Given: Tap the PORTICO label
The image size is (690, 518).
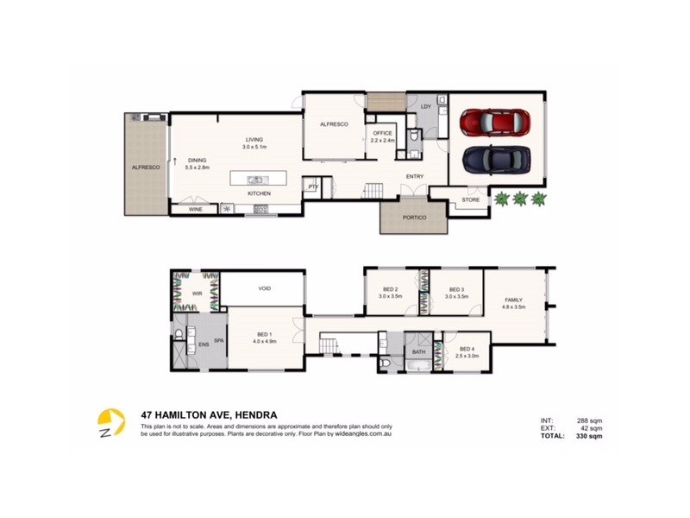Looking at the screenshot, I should click(x=415, y=218).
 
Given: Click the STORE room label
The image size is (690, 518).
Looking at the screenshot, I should click(x=470, y=200).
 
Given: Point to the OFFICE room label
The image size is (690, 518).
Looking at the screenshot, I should click(x=382, y=133).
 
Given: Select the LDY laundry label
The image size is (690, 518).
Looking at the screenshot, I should click(x=424, y=107).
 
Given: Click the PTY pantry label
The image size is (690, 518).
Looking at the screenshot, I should click(x=312, y=185).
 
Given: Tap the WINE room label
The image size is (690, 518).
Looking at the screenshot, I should click(x=196, y=209).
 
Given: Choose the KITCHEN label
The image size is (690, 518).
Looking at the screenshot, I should click(x=259, y=193).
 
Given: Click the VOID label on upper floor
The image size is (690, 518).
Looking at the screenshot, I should click(x=264, y=288).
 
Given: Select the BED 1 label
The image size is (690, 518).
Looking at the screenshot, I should click(x=264, y=335).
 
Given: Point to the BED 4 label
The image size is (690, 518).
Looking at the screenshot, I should click(x=467, y=349).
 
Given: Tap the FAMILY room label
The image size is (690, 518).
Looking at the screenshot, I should click(x=513, y=300).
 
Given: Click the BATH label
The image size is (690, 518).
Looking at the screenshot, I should click(x=419, y=352).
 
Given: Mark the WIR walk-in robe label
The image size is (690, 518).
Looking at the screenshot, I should click(x=196, y=294).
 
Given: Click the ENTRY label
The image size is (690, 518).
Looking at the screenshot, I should click(x=415, y=177).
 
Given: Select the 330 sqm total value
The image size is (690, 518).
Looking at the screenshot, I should click(x=590, y=437).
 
